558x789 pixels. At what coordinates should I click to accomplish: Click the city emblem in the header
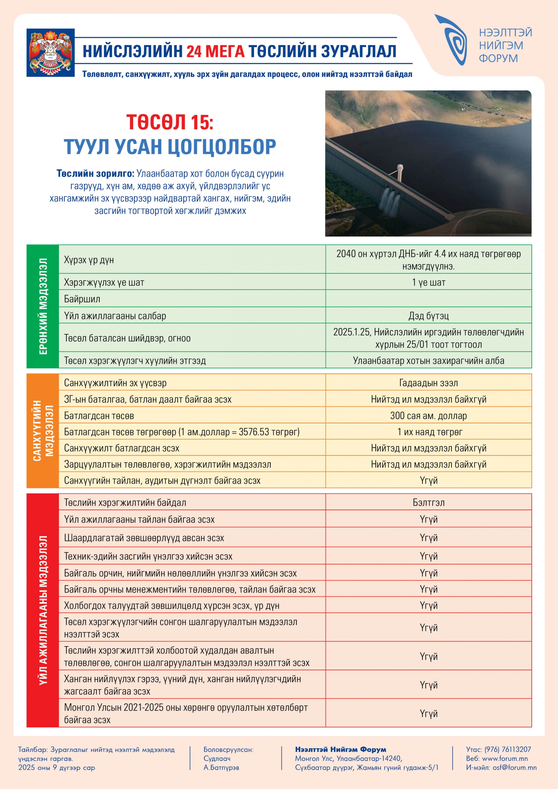(50, 52)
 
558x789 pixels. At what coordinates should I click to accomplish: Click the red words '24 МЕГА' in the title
(216, 51)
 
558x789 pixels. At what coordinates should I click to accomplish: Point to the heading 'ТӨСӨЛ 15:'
(170, 122)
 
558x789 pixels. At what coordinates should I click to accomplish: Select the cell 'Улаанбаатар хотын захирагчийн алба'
(428, 361)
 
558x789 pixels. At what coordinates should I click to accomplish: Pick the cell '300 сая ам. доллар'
(428, 416)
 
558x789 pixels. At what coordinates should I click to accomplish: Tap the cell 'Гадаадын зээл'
(428, 383)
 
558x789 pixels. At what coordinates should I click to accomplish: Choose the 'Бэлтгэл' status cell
(428, 503)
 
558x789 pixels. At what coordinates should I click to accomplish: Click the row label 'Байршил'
(82, 299)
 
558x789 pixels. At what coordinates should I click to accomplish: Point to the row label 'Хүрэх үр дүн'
(89, 260)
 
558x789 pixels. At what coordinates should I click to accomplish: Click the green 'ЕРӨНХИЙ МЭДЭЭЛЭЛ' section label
(43, 306)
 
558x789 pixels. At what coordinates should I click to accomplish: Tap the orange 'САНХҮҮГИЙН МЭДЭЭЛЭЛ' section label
(43, 431)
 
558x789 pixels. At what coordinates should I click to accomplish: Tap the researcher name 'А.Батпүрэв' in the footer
(221, 767)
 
